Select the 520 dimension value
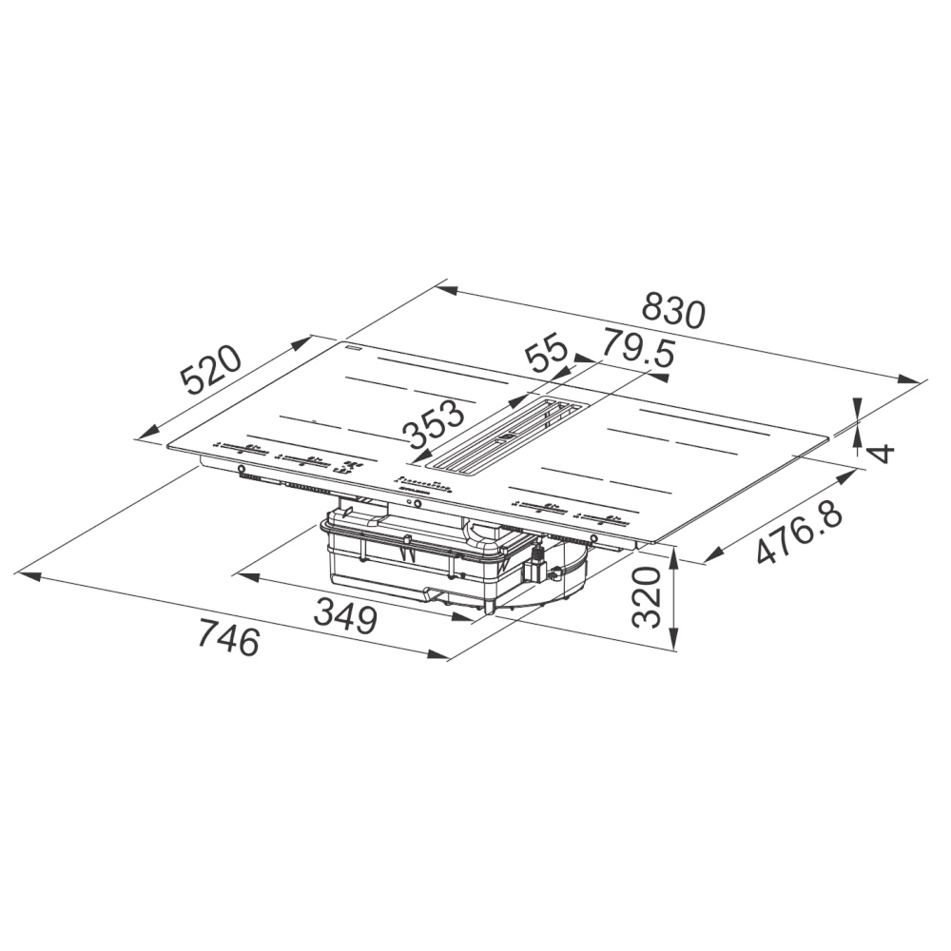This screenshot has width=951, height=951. pyautogui.click(x=212, y=371)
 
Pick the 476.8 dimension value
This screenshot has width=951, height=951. pyautogui.click(x=801, y=534)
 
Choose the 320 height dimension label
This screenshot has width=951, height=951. pyautogui.click(x=646, y=597)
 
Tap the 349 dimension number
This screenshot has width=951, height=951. pyautogui.click(x=345, y=615)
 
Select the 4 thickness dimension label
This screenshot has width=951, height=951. pyautogui.click(x=883, y=453)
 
